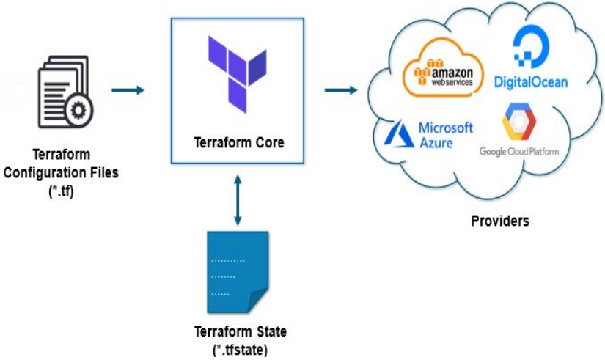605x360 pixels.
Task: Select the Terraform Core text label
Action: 237,141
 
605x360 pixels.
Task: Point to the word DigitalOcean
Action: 530,81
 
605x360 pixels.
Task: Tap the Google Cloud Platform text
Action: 518,151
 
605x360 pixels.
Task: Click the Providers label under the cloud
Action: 499,220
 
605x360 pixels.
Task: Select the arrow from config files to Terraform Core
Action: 128,90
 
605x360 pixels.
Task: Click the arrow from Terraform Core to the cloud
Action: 340,90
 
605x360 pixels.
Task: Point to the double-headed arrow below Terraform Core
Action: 237,199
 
